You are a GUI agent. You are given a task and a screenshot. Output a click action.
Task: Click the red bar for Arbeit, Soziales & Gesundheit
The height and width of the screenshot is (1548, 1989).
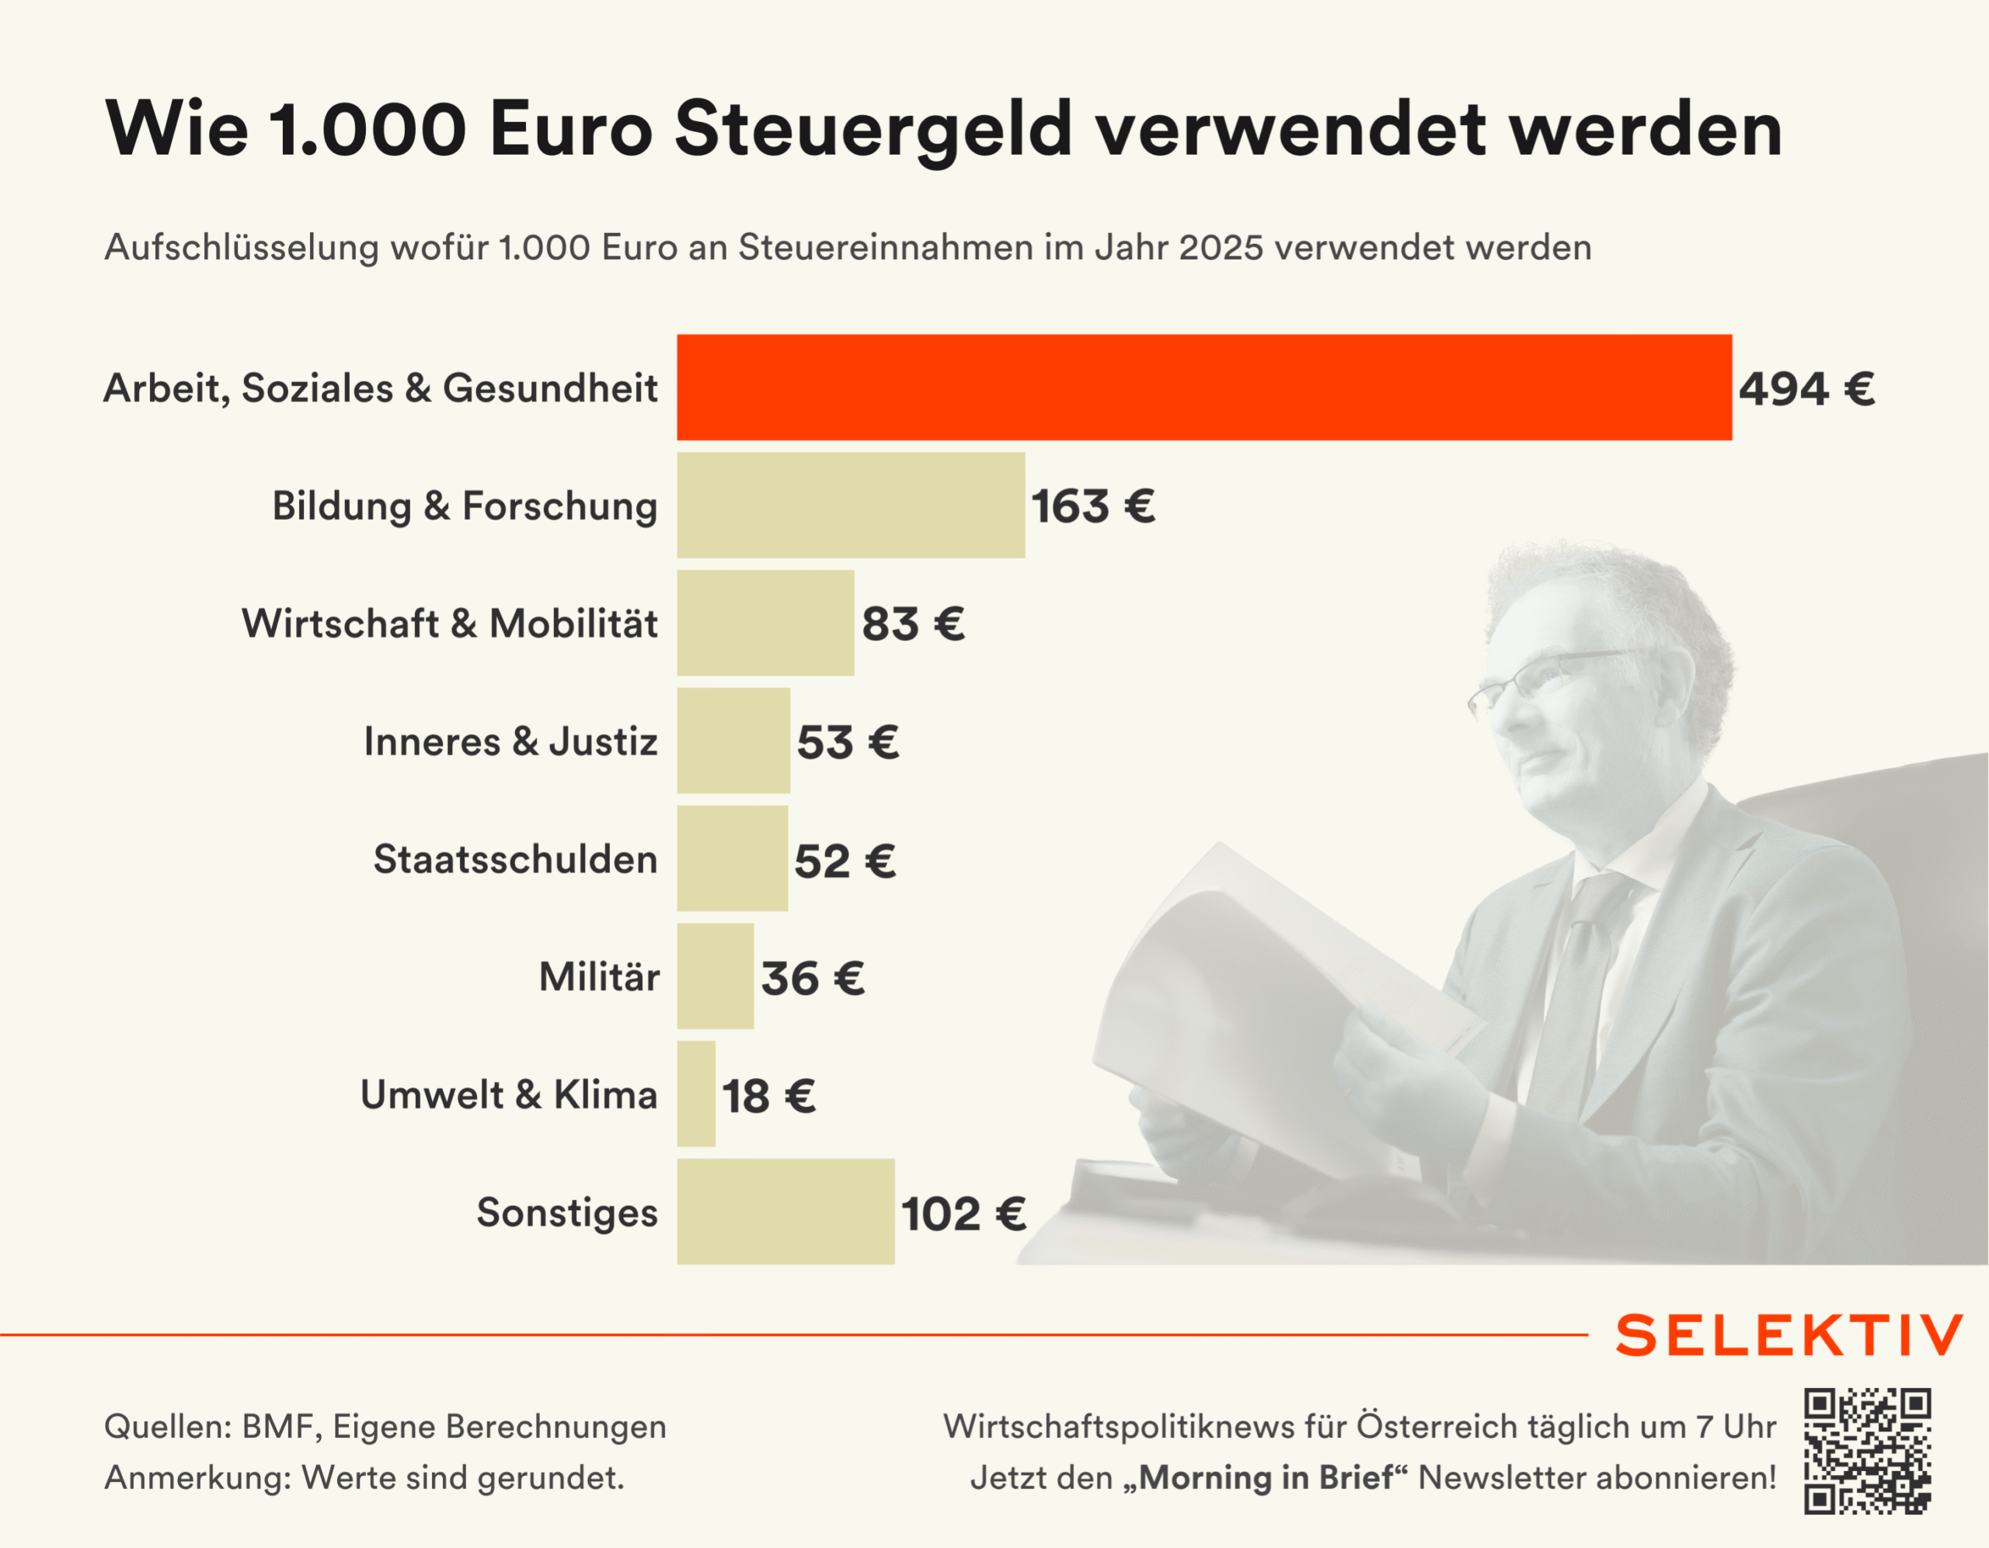(1204, 387)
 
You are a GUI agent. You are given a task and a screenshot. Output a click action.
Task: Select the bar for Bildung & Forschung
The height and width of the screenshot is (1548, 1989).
(851, 506)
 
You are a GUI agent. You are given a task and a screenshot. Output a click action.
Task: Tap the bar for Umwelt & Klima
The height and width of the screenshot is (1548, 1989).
(696, 1094)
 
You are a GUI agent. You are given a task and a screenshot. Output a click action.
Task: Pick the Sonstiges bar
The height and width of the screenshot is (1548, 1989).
(785, 1211)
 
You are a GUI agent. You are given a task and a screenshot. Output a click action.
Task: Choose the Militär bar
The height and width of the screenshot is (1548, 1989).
(715, 976)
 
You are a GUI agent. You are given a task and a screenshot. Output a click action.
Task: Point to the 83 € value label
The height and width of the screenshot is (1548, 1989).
(914, 624)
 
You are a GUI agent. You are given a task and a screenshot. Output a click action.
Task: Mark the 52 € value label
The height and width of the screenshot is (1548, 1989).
(845, 861)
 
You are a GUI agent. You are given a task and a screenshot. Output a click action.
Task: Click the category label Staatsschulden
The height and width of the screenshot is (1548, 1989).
(515, 860)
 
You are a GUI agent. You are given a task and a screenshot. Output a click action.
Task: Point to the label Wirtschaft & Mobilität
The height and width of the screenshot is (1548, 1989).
(449, 624)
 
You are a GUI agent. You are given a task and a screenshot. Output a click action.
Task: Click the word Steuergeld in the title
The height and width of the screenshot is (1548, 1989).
(873, 129)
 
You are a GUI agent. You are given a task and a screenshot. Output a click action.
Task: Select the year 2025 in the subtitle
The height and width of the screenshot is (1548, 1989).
(1221, 248)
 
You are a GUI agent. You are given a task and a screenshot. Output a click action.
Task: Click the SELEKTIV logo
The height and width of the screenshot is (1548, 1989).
(1789, 1336)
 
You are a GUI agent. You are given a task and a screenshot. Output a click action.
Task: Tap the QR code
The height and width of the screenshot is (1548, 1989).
(1868, 1452)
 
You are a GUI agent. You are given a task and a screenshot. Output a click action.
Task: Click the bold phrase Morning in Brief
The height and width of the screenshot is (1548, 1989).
(1266, 1477)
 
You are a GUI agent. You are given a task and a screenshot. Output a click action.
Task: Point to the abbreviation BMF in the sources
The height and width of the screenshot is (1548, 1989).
(280, 1426)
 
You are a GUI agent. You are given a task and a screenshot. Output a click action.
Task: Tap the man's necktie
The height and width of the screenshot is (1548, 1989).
(1576, 983)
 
